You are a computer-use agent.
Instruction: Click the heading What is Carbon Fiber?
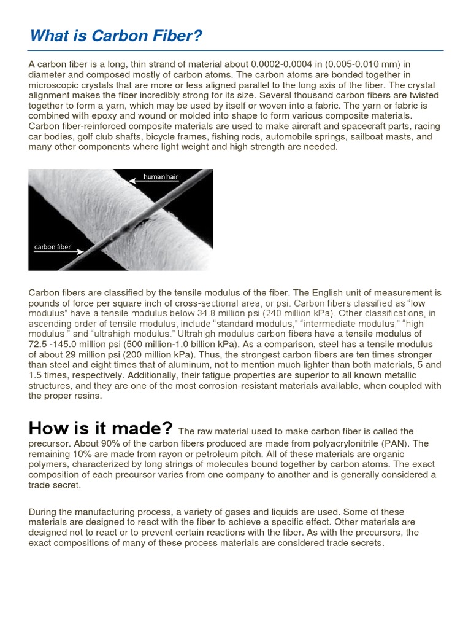click(116, 37)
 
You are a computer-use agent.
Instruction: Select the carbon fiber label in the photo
click(52, 248)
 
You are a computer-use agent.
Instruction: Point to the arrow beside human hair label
click(134, 181)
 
